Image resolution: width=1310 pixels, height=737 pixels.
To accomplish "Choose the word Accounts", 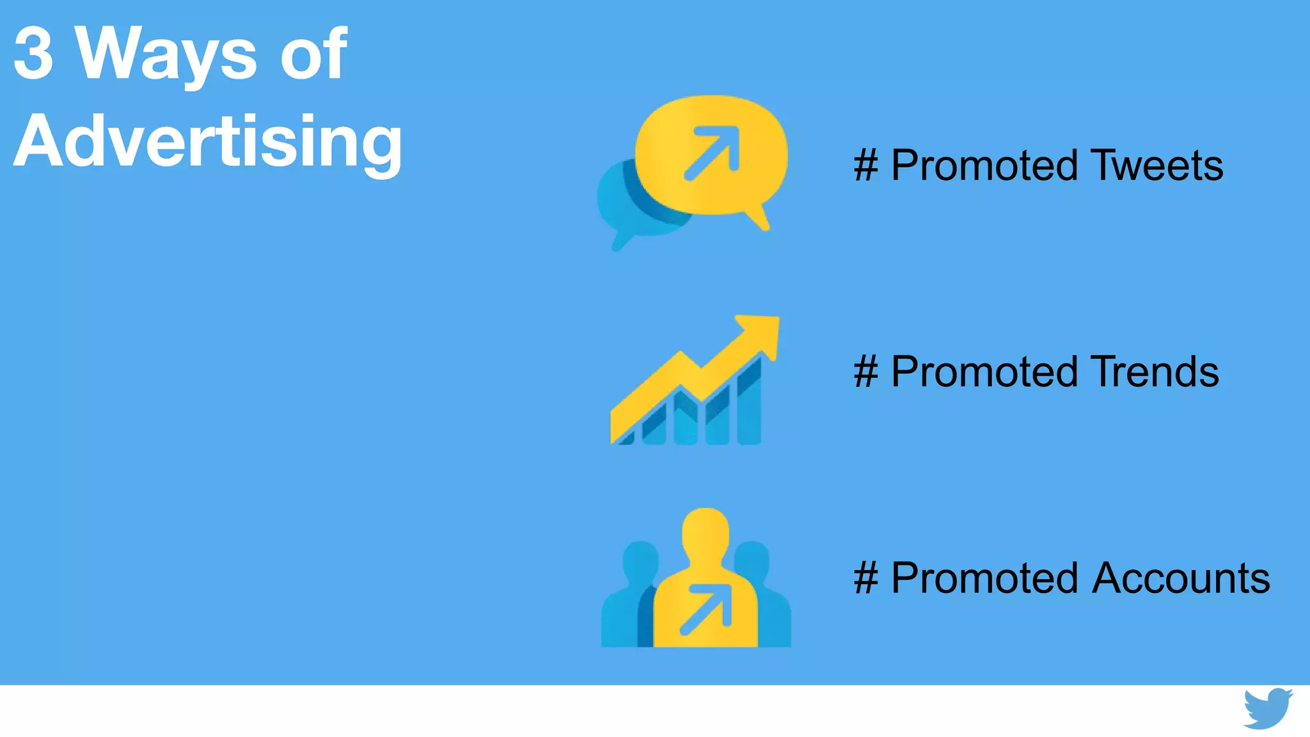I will (x=1181, y=578).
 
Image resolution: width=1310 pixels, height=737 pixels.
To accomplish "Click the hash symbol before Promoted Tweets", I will (x=866, y=165).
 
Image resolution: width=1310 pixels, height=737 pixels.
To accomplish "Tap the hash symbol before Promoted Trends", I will (x=866, y=372).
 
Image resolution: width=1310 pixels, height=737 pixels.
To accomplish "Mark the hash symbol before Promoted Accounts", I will (x=866, y=578).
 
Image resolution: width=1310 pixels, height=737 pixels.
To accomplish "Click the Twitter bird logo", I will (x=1267, y=709).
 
